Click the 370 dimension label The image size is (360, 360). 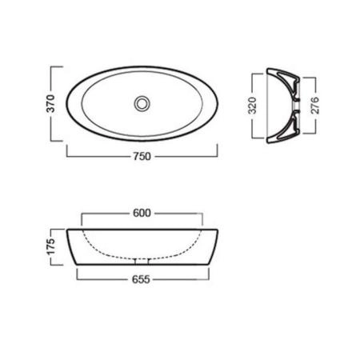tap(50, 103)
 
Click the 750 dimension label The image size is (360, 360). tap(142, 156)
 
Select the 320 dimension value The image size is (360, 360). tap(252, 106)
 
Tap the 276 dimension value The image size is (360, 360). tap(315, 106)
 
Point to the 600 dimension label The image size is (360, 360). tap(142, 213)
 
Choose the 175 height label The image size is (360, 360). tap(50, 247)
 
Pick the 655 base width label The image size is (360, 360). tap(141, 279)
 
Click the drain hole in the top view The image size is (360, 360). tap(142, 103)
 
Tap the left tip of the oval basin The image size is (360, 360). tap(66, 103)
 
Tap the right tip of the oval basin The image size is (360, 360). tap(218, 103)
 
